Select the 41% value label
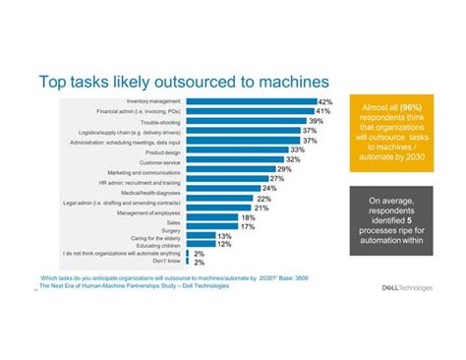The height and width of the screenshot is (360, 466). point(323,112)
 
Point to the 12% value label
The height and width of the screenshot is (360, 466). point(223,244)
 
